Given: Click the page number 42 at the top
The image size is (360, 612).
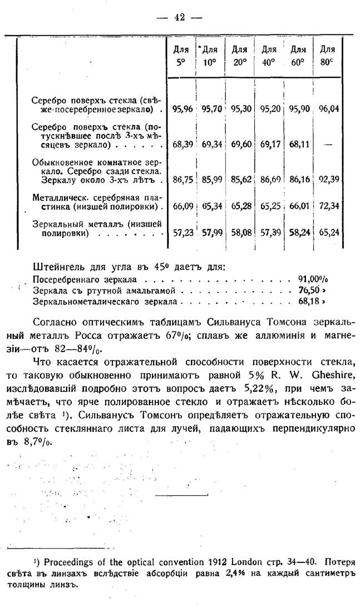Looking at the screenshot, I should (179, 17).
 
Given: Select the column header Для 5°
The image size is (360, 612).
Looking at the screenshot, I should (180, 56).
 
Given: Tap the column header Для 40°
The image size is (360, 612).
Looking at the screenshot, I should (269, 56).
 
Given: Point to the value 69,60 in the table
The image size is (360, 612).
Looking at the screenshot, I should (240, 145).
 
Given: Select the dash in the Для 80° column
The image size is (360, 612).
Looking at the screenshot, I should (328, 145).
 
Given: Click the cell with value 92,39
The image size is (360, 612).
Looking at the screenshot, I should (328, 179).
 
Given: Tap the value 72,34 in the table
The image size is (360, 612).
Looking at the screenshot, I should (328, 206).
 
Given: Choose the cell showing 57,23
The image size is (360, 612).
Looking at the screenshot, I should (182, 232).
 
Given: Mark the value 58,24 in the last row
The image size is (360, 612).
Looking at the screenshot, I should (300, 232).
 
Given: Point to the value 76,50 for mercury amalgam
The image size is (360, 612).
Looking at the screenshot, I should (309, 290).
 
